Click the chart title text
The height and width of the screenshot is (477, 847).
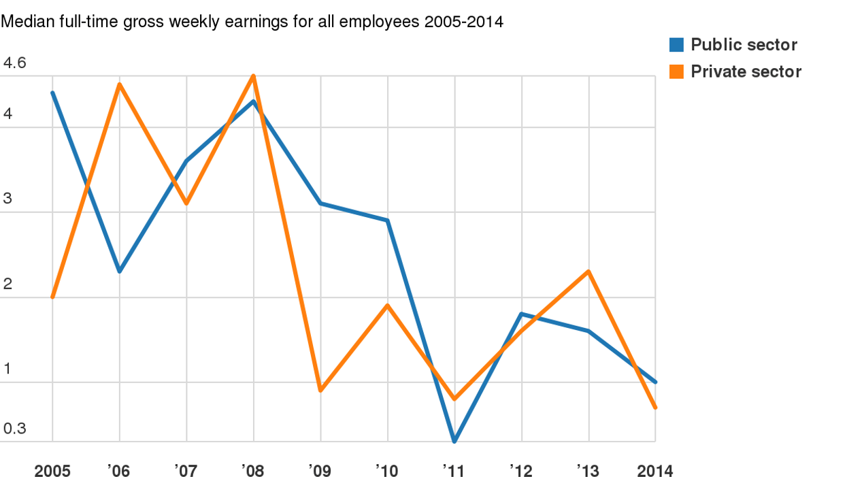point(252,21)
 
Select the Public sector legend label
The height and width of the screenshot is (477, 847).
point(744,45)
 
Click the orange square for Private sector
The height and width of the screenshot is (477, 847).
point(676,71)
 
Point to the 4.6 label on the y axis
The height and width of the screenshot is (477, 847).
point(14,63)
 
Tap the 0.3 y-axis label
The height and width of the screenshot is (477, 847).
point(14,429)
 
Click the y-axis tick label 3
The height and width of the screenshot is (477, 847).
point(7,199)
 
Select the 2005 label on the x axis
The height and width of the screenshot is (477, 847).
point(52,471)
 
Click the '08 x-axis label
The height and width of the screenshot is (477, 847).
point(253,471)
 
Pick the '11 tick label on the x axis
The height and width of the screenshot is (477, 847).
point(454,471)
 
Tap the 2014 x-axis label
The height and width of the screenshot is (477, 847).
point(654,471)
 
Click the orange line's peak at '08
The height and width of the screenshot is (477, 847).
point(254,76)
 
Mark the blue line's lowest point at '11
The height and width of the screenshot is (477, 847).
point(454,441)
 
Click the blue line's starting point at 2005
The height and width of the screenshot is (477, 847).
point(53,93)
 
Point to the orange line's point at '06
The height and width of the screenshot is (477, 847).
point(120,84)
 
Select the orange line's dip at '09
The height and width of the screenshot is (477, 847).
point(320,391)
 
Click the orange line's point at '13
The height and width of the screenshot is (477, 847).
point(588,272)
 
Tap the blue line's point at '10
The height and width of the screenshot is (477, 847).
point(388,220)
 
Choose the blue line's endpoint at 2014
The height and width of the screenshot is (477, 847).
point(655,382)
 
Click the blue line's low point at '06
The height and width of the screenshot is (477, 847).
point(120,272)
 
